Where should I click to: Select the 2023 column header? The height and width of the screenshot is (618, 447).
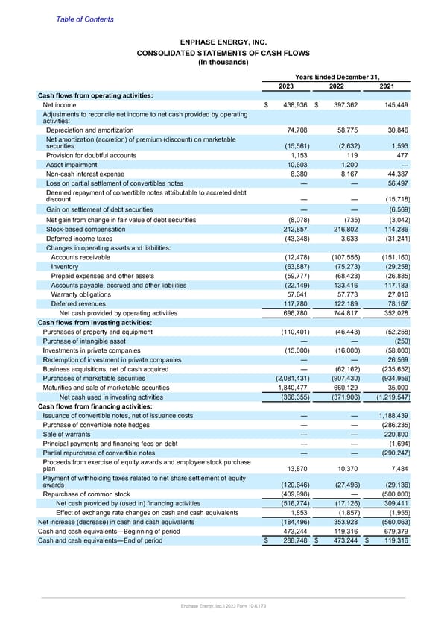click(x=285, y=86)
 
